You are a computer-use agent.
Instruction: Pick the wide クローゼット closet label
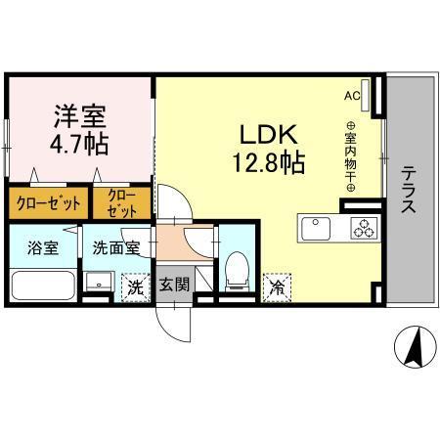pos(46,204)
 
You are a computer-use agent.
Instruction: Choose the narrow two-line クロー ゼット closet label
pos(123,203)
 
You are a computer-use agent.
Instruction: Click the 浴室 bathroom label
pos(44,247)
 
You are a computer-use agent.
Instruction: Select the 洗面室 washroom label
pos(115,247)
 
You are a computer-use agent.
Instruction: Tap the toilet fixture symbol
pos(236,268)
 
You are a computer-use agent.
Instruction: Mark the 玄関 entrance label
pos(175,285)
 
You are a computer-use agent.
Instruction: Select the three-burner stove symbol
pos(365,230)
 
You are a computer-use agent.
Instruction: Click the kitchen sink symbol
pos(320,230)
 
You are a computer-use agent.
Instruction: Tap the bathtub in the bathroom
pos(43,286)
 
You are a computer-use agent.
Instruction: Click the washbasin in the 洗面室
pos(96,282)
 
